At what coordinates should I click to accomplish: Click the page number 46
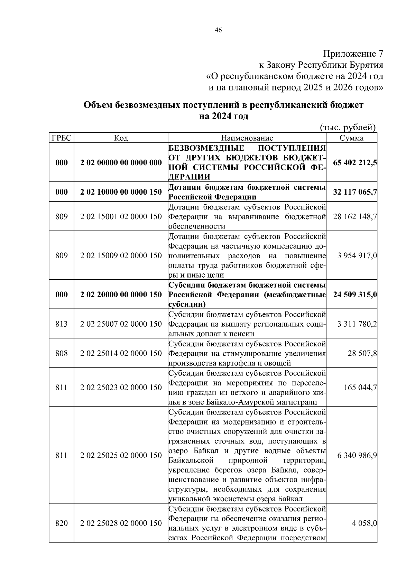click(218, 30)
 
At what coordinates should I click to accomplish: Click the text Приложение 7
click(353, 54)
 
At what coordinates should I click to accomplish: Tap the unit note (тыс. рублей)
click(348, 128)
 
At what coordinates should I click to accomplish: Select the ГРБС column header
click(62, 138)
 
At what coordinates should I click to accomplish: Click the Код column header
click(121, 138)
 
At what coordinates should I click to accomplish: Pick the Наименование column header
click(247, 138)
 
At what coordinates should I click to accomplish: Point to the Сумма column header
click(351, 138)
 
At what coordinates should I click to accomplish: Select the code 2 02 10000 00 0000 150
click(121, 192)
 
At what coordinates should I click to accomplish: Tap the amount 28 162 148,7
click(355, 217)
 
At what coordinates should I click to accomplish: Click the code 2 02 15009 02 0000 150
click(121, 256)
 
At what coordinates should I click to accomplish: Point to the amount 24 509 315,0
click(355, 295)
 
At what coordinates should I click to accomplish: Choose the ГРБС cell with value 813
click(62, 324)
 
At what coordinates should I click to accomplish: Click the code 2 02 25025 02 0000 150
click(121, 456)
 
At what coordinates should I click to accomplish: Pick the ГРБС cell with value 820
click(62, 523)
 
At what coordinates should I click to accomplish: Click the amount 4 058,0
click(364, 523)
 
